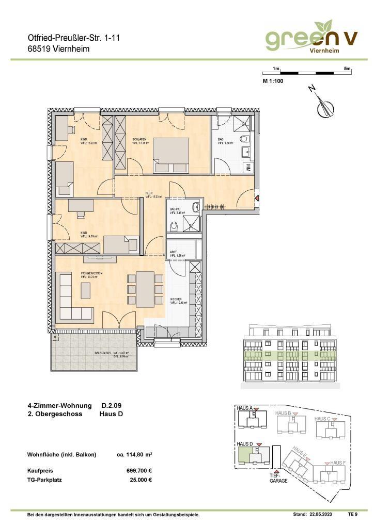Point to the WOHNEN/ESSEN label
click(x=91, y=273)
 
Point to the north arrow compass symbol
click(x=325, y=106)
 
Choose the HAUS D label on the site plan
click(x=244, y=443)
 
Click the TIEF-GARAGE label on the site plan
click(x=277, y=478)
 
